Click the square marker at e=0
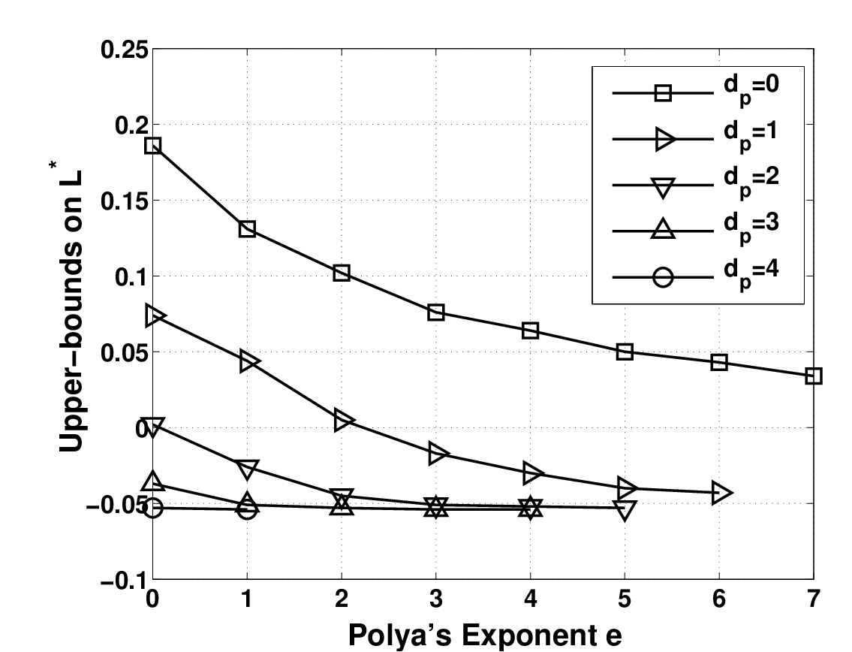click(x=152, y=145)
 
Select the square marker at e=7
click(x=814, y=376)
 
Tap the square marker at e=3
click(x=436, y=312)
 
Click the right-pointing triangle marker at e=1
click(x=249, y=361)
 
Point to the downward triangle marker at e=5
click(x=625, y=510)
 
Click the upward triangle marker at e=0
click(x=152, y=481)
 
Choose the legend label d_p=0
click(x=751, y=88)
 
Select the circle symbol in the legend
click(x=663, y=277)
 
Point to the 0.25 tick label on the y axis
click(x=124, y=50)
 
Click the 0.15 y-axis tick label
click(x=124, y=201)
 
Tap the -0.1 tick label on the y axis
click(x=124, y=580)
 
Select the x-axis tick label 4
click(x=530, y=599)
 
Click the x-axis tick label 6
click(x=719, y=599)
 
